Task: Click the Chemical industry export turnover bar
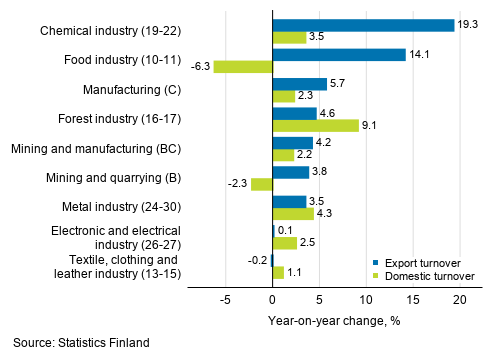click(363, 25)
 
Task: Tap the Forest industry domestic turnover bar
click(315, 126)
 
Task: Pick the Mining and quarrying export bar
click(290, 172)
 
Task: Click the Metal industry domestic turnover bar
click(293, 214)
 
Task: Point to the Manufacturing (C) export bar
click(299, 84)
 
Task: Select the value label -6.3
click(200, 67)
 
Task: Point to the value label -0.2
click(257, 260)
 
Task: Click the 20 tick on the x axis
click(460, 300)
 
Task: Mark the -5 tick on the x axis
click(225, 300)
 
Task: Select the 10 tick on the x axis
click(366, 300)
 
